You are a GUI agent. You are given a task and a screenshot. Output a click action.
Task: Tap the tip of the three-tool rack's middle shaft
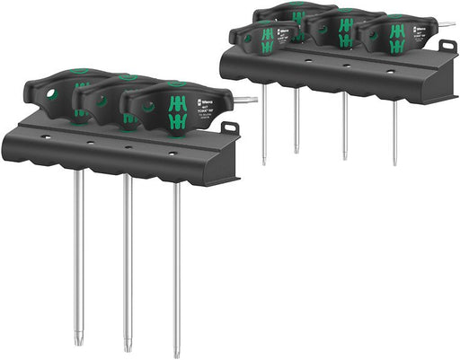[126, 347]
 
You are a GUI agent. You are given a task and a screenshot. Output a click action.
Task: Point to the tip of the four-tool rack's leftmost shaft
[264, 162]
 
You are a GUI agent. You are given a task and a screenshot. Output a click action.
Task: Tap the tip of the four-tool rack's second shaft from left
[296, 151]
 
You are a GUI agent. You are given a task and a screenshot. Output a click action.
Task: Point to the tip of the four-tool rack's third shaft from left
[345, 157]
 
